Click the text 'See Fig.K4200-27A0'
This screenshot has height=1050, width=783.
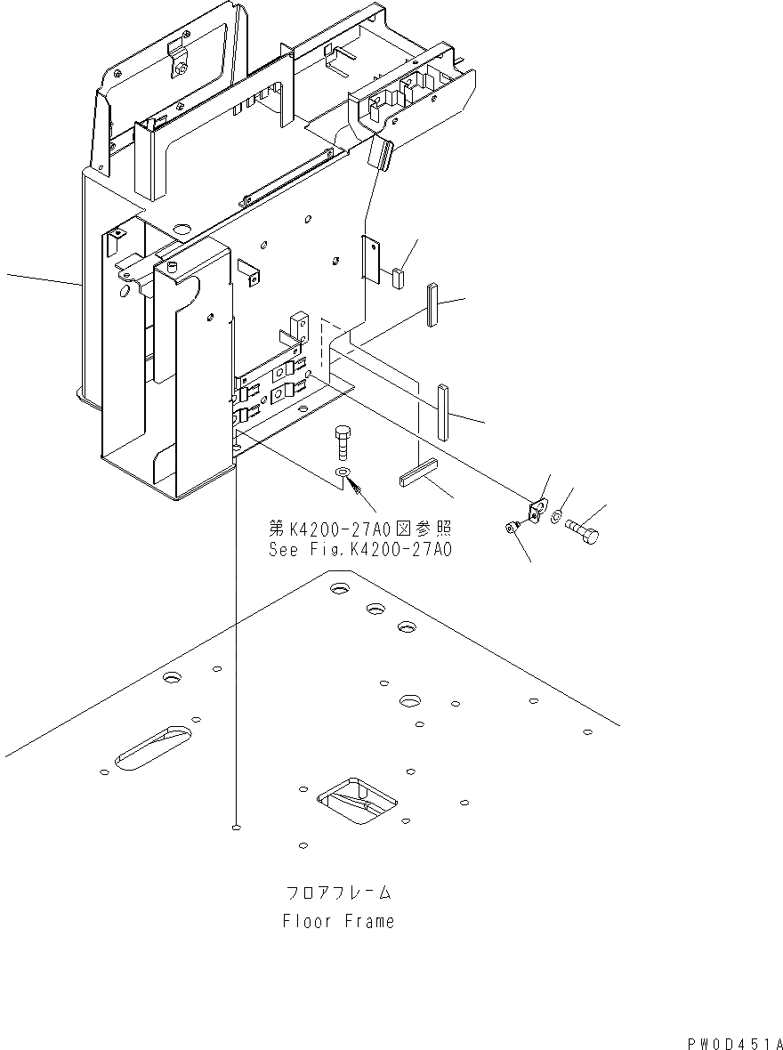(360, 550)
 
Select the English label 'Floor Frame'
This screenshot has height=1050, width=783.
(338, 922)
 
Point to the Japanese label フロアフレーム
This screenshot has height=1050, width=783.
(338, 892)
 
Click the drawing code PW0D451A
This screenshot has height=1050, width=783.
(734, 1042)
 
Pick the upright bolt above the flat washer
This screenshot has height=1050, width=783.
(343, 441)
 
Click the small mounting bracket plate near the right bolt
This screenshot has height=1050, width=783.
(536, 511)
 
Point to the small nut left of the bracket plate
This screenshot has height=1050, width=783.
(513, 527)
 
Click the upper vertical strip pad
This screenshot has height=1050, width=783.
(432, 305)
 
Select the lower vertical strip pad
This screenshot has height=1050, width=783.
(443, 412)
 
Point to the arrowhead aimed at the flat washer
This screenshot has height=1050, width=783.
(356, 486)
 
